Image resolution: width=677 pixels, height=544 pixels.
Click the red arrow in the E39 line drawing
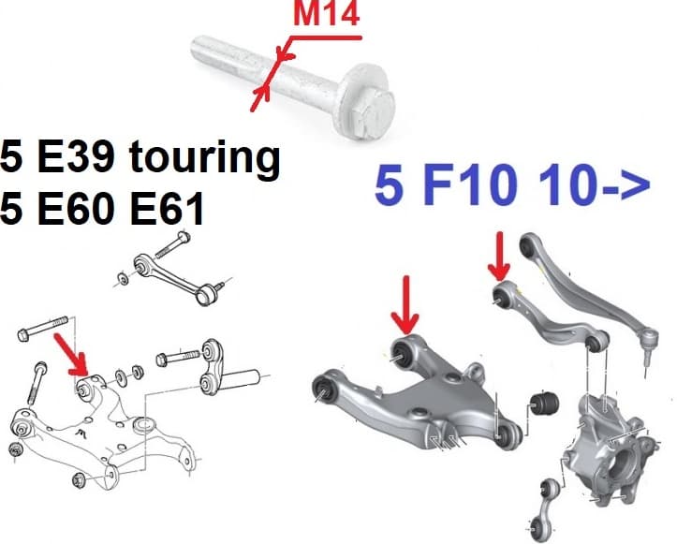pyautogui.click(x=72, y=357)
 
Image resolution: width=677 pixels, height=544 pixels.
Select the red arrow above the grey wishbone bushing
pyautogui.click(x=405, y=303)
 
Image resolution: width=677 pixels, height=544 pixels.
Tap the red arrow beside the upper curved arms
pyautogui.click(x=500, y=252)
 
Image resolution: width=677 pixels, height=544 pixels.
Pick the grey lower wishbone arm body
pyautogui.click(x=421, y=398)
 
